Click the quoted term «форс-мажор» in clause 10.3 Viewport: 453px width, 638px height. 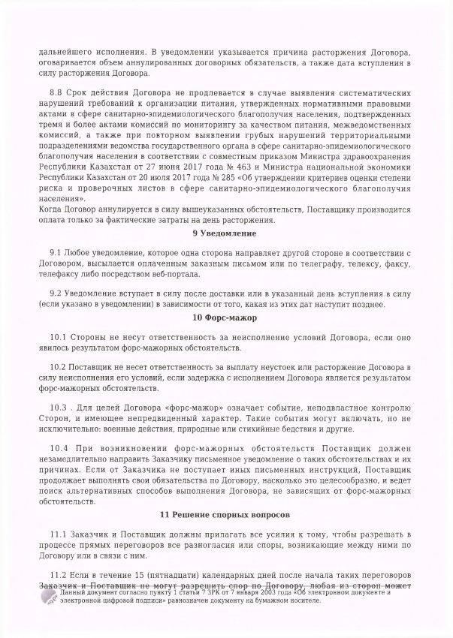189,407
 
